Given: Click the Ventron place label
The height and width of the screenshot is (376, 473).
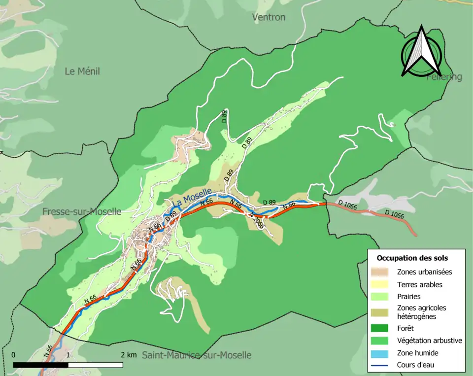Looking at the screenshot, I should (x=269, y=17).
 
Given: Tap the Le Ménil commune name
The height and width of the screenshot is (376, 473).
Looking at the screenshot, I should (x=82, y=71).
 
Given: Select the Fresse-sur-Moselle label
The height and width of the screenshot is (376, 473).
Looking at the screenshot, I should (x=82, y=211).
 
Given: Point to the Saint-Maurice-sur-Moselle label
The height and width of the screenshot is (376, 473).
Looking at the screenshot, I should (x=197, y=355).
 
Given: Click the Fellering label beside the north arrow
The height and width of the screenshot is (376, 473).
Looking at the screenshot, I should (x=444, y=77).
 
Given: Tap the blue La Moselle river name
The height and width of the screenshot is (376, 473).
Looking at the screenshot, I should (x=192, y=197).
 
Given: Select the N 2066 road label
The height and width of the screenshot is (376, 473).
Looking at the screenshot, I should (x=257, y=220).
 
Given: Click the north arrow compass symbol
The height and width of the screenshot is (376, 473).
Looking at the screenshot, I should (x=421, y=52).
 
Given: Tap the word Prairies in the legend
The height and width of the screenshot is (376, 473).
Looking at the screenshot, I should (x=408, y=297).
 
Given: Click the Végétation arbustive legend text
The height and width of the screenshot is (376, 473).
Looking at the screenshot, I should (x=429, y=340).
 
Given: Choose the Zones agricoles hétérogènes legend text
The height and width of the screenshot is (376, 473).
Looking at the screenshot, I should (x=421, y=312).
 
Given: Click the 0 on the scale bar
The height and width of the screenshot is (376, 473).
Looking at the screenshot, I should (x=13, y=355).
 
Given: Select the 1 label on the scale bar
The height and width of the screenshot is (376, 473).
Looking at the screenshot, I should (x=68, y=355).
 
